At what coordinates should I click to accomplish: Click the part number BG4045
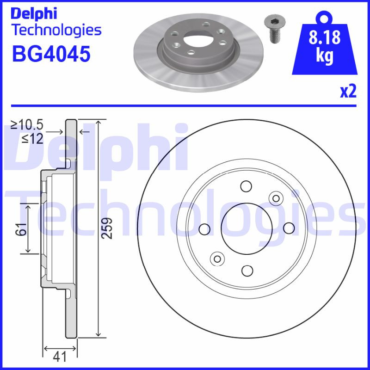[50, 55]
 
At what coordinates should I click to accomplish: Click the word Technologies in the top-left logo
[56, 31]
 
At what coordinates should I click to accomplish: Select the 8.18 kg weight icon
[325, 47]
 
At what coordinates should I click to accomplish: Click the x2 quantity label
[348, 92]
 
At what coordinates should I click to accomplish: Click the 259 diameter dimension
[107, 228]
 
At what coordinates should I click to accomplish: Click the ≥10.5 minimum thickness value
[27, 124]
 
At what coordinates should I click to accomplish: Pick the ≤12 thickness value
[32, 138]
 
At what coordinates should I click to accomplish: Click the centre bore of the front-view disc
[246, 228]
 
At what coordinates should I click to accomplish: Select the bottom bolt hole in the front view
[247, 271]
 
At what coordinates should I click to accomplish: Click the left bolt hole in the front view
[203, 228]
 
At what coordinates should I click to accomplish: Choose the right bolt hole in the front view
[289, 228]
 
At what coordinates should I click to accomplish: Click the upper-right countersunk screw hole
[276, 198]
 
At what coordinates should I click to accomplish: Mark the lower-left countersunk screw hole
[216, 258]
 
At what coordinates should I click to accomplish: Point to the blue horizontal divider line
[185, 106]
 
